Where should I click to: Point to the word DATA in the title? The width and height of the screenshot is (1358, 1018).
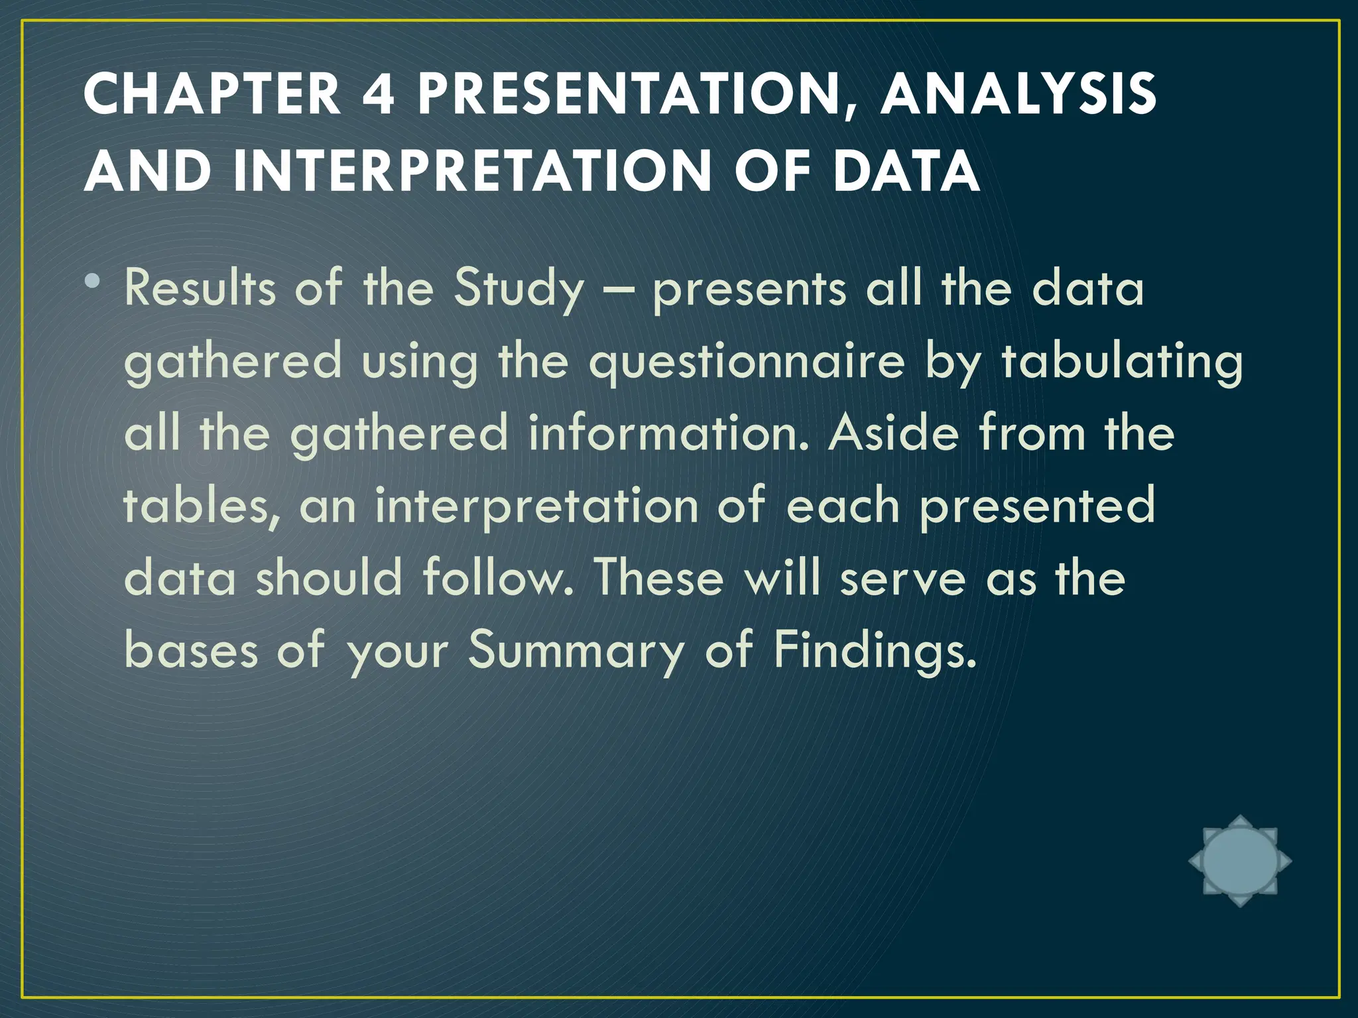906,171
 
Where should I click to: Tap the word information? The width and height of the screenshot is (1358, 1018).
669,434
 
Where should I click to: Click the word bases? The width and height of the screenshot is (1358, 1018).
191,650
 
